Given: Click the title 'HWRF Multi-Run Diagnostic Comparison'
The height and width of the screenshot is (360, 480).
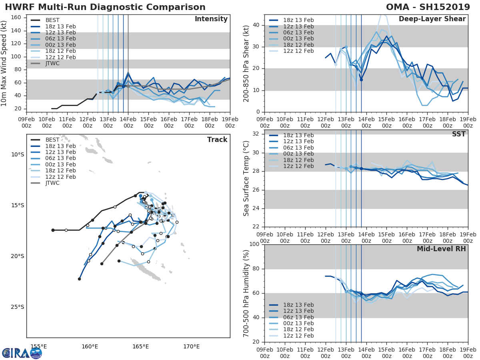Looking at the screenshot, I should click(105, 7).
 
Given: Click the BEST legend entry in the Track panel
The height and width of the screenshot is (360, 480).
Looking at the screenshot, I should click(52, 140).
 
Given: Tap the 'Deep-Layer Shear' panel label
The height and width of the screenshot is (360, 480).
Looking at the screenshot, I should click(432, 19).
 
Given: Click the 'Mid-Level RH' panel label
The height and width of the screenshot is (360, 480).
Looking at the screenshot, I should click(441, 249).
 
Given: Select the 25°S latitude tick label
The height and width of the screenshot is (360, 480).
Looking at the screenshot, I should click(17, 307).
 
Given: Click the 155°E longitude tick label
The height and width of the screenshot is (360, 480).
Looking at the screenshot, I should click(38, 346).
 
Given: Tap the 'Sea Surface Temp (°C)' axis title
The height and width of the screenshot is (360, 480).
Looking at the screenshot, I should click(246, 178).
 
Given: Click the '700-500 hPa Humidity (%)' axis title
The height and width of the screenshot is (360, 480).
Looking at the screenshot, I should click(246, 293).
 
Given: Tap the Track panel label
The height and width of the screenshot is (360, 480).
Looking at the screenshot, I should click(217, 140).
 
